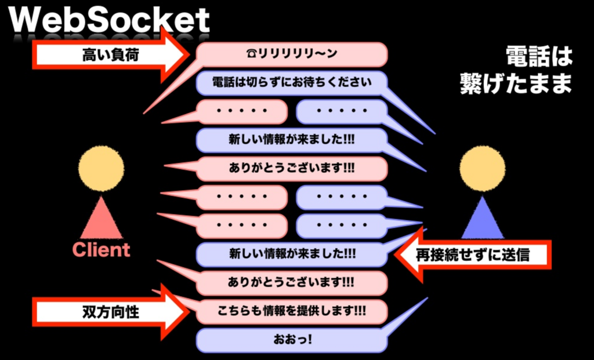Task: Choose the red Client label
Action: tap(101, 250)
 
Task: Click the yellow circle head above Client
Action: tap(101, 169)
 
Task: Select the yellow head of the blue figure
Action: tap(483, 169)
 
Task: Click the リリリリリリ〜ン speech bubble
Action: tap(291, 54)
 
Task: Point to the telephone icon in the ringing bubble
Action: tap(252, 54)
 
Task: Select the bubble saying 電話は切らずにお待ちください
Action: tap(291, 82)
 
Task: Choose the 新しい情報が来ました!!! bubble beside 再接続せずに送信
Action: tap(291, 254)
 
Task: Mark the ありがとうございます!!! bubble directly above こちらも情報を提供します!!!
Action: tap(291, 283)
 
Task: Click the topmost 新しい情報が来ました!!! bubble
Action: tap(291, 140)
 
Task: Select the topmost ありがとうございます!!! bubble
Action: tap(291, 169)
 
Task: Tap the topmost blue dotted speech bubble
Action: tap(341, 111)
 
